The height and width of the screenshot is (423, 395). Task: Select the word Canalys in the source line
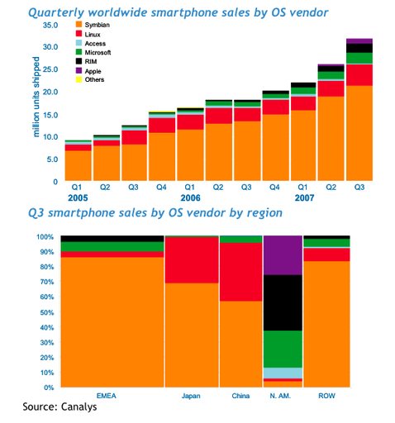tap(84, 406)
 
